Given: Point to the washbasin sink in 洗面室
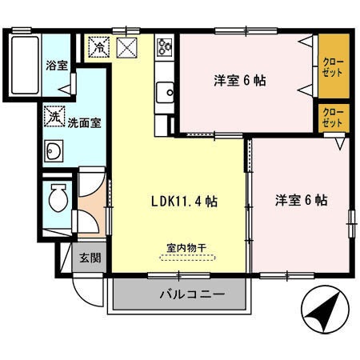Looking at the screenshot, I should point(55,150).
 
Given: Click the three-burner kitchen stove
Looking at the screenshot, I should point(166,47).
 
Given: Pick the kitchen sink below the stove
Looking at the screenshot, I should point(166,91).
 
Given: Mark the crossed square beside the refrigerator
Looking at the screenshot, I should point(127,47).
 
